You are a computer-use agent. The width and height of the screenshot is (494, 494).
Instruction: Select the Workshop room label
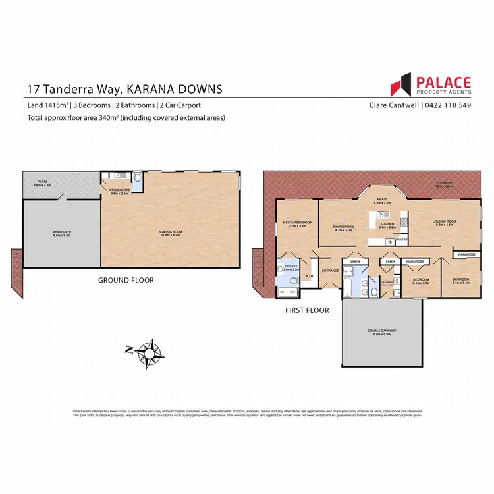(x=62, y=233)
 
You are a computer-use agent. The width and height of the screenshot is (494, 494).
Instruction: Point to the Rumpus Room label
(x=171, y=232)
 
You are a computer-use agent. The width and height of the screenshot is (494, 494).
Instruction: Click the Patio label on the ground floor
(x=41, y=184)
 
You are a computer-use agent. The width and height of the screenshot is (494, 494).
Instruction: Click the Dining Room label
(x=344, y=228)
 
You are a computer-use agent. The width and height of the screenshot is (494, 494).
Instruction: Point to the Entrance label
(x=329, y=271)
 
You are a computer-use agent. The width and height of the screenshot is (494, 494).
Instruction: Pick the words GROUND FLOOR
(x=126, y=280)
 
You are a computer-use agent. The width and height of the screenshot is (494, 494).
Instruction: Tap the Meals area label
(x=383, y=200)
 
